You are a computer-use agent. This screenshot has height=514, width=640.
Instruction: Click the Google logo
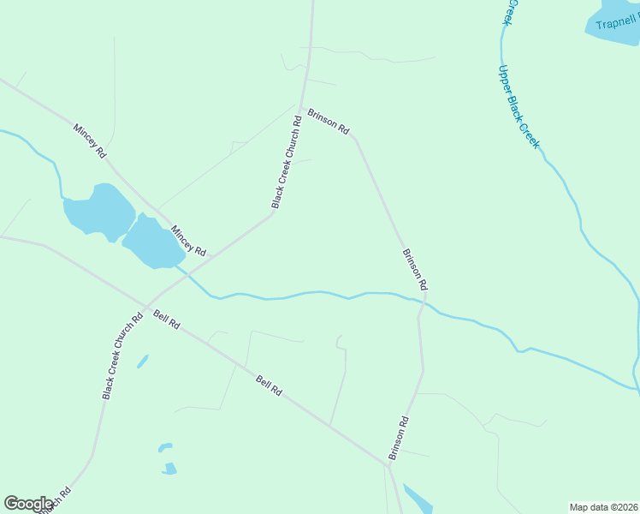pos(28,504)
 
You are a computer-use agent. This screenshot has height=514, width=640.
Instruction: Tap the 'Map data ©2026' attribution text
pos(603,507)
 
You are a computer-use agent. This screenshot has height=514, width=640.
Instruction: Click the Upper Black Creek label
pos(519,107)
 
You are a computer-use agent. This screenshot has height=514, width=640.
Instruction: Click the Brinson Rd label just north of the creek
pos(414,268)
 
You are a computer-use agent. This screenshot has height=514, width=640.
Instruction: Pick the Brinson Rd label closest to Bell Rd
pos(400,439)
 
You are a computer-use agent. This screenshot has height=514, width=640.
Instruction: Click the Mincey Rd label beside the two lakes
pos(188,242)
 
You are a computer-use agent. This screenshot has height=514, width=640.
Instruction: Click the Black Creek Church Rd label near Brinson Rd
pos(286,162)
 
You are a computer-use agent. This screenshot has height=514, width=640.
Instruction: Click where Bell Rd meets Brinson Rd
pos(387,464)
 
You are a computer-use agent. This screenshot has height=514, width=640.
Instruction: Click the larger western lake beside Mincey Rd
pos(98,210)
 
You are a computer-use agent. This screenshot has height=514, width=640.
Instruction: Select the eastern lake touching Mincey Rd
pos(152,242)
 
